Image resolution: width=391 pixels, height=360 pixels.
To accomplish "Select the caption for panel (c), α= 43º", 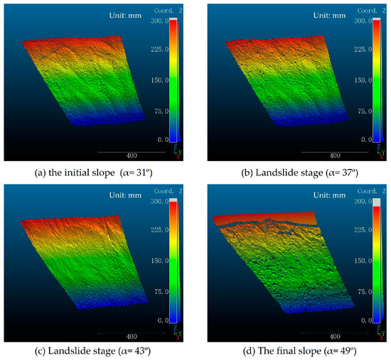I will tap(97, 349).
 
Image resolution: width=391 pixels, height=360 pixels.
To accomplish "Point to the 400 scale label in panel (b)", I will tap(331, 156).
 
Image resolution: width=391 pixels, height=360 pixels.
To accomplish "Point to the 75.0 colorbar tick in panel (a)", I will tap(160, 111).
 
